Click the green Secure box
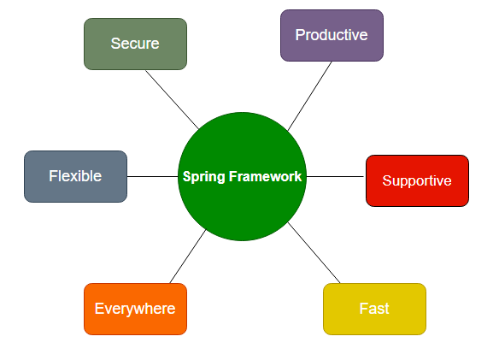[x=135, y=44]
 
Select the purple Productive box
[x=332, y=35]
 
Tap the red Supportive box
[x=417, y=180]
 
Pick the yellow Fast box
[x=374, y=309]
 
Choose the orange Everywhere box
[x=135, y=309]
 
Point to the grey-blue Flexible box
[x=75, y=176]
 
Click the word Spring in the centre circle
[x=204, y=177]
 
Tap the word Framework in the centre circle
[x=265, y=176]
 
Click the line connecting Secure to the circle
[x=172, y=99]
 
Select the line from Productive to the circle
[x=309, y=96]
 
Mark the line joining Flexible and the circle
[x=152, y=176]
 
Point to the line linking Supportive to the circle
[x=335, y=176]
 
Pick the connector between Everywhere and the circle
[x=188, y=257]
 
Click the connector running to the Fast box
[x=314, y=253]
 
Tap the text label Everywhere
[x=135, y=309]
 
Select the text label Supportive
[x=417, y=181]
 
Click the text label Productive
[x=332, y=35]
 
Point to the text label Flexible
[x=75, y=176]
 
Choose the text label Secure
[x=135, y=44]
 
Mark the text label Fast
[x=374, y=309]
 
